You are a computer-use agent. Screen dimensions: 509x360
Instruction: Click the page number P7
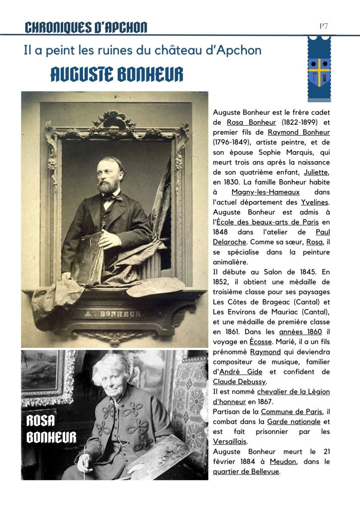pos(324,26)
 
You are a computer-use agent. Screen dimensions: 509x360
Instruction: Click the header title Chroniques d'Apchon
pos(86,27)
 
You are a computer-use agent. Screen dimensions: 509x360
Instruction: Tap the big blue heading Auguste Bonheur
pos(116,75)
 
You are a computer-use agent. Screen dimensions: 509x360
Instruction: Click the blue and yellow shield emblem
pos(319,70)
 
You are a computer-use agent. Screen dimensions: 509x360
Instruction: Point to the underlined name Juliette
pos(317,172)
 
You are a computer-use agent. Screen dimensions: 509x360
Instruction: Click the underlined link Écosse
pos(261,342)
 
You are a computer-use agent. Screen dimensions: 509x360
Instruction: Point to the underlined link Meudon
pos(283,461)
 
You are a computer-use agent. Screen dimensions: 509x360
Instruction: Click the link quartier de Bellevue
pos(246,471)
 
